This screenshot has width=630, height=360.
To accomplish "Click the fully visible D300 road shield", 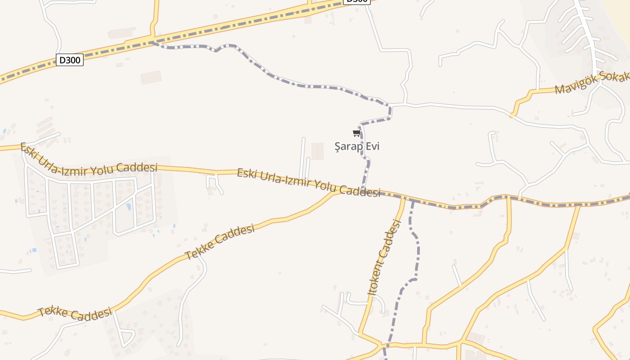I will coord(70,60).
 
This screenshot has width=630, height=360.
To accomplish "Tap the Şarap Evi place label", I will coord(357,146).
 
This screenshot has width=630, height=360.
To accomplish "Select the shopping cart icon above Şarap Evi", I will coord(356,133).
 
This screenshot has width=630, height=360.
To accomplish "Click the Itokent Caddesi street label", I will coord(384,257).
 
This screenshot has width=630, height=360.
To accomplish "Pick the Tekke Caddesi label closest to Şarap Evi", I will coord(220,242).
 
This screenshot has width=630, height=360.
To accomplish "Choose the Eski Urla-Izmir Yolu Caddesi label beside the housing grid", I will coord(89,158).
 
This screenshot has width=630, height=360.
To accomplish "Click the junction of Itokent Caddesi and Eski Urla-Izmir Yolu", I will coord(404,198).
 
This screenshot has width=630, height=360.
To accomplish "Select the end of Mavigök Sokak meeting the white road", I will coord(512,115).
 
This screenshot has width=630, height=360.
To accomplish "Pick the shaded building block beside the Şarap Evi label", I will coord(317,151).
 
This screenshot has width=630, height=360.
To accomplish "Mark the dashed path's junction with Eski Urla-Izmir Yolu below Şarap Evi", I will coord(362,189).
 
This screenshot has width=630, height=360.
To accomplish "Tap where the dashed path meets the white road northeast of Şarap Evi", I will coord(390,106).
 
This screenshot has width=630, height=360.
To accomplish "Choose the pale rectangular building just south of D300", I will coord(151,77).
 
